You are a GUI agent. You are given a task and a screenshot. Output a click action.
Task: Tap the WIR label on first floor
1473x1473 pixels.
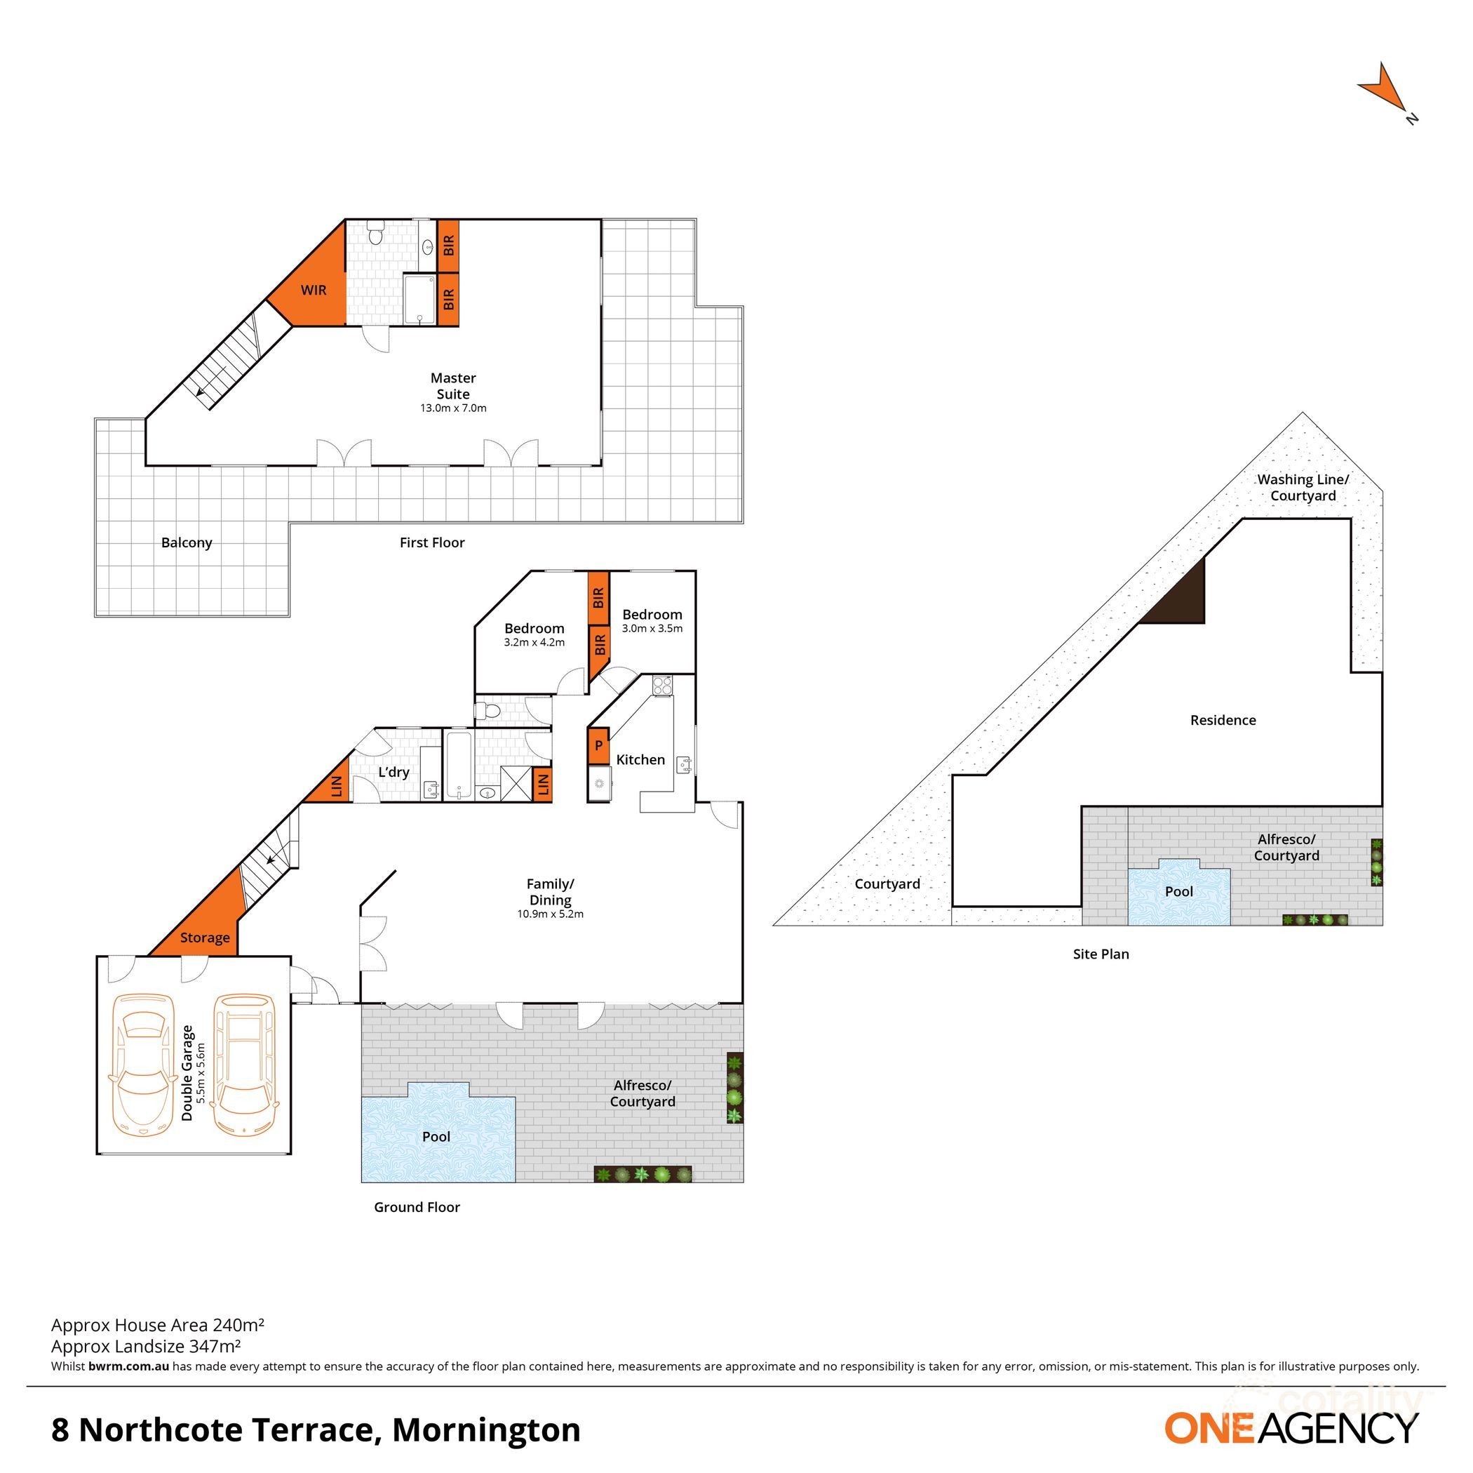coord(314,290)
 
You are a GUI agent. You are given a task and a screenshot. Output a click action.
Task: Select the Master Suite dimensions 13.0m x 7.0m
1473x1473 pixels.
coord(453,408)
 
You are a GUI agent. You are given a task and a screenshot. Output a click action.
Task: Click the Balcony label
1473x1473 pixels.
coord(186,542)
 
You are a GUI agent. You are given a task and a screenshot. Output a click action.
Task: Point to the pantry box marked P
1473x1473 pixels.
coord(598,745)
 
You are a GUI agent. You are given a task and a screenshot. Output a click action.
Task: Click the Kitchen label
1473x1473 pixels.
coord(640,759)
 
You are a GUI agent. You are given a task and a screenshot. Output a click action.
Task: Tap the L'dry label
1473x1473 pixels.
coord(394,772)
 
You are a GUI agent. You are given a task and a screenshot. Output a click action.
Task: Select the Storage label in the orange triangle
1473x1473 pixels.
coord(204,938)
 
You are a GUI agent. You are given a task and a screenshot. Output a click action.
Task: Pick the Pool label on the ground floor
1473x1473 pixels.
coord(436,1137)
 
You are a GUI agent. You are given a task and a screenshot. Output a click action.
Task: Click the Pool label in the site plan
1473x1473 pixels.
coord(1178,891)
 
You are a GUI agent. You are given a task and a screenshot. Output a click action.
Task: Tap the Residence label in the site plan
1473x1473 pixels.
coord(1223,720)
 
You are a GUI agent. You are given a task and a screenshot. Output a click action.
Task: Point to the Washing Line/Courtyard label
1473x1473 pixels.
coord(1303,488)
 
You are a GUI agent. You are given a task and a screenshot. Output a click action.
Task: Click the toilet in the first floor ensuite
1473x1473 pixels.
coord(375,234)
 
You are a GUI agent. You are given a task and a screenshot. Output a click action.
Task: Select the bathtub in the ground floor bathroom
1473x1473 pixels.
coord(459,764)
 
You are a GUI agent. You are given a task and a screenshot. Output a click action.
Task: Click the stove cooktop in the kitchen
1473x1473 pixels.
coord(661,686)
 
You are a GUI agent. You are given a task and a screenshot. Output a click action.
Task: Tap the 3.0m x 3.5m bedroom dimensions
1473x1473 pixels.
coord(652,629)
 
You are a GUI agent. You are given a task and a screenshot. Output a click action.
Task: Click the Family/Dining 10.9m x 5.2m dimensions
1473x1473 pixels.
coord(550,914)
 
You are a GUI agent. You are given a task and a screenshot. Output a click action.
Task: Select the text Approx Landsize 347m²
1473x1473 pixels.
coord(147,1347)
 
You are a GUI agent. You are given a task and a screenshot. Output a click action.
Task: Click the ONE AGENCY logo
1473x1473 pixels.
coord(1291,1428)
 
